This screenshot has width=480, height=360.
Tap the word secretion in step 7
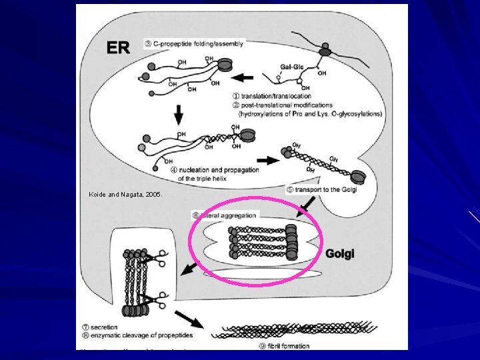[105, 327]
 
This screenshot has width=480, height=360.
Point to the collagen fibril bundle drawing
[293, 331]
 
